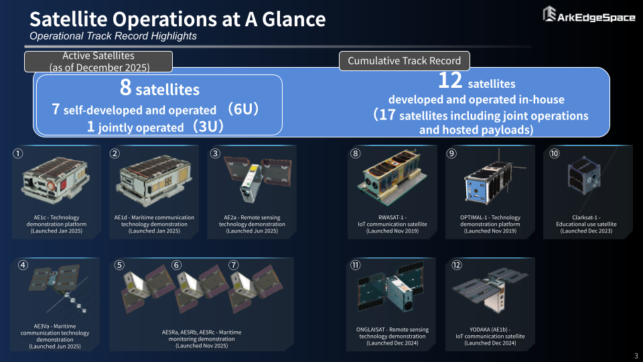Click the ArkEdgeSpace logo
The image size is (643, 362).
click(x=589, y=14)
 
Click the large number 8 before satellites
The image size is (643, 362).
click(x=125, y=87)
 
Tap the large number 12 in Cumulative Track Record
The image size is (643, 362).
click(x=450, y=80)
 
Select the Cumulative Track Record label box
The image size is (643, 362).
click(x=405, y=61)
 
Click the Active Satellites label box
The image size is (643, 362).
click(x=98, y=62)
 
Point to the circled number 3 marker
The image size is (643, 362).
click(x=215, y=154)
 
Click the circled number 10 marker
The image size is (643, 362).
click(x=555, y=154)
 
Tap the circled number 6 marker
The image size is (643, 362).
click(x=176, y=265)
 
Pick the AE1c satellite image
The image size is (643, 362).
click(x=56, y=180)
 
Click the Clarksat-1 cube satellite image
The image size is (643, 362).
click(x=585, y=176)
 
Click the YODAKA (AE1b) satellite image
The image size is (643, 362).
click(x=490, y=290)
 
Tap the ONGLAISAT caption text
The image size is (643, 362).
click(x=392, y=336)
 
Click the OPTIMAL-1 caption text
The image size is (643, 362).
click(x=490, y=224)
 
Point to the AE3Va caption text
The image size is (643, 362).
click(x=54, y=336)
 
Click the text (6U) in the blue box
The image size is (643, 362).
click(x=243, y=109)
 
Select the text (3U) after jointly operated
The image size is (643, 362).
click(x=208, y=126)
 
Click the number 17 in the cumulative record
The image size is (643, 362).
click(x=387, y=115)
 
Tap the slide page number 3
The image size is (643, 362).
click(x=636, y=356)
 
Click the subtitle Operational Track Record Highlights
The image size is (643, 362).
click(x=113, y=36)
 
